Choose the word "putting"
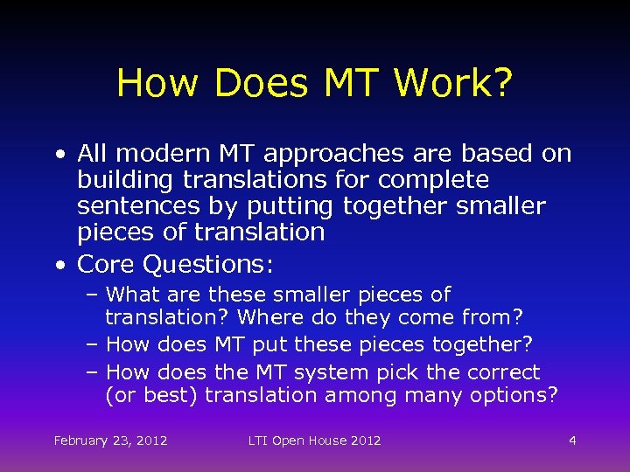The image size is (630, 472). click(287, 206)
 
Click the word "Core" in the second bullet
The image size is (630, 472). click(106, 263)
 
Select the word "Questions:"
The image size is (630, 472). click(209, 263)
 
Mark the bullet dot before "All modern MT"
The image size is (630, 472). click(58, 155)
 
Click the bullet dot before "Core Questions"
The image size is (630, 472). click(58, 264)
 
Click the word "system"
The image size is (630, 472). click(332, 372)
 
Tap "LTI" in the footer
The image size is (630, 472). click(258, 441)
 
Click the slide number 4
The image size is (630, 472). click(572, 441)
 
